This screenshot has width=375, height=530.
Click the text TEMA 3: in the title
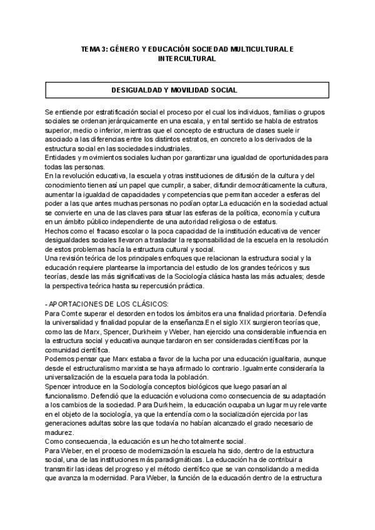(95, 48)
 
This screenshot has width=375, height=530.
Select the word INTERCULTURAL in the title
(187, 58)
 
